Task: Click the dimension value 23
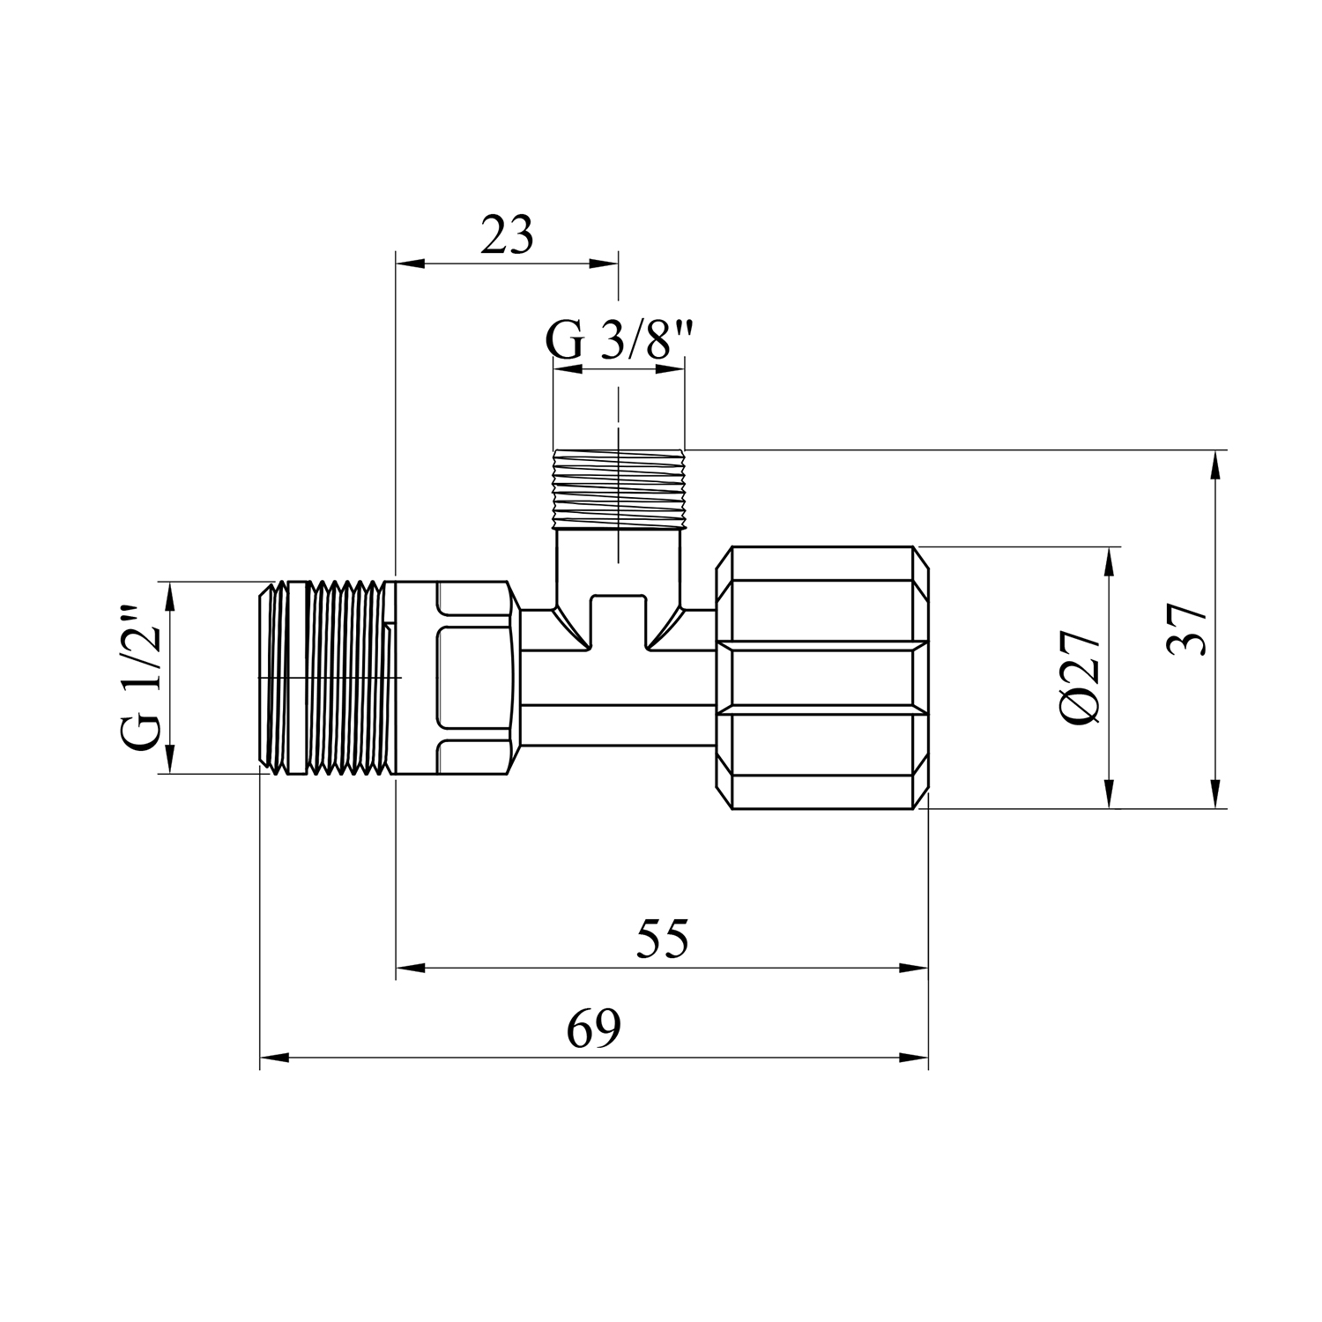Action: point(507,236)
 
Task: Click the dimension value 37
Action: point(1185,629)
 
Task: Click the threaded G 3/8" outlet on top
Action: point(618,489)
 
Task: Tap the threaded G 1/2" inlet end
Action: point(326,678)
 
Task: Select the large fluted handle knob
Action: point(823,678)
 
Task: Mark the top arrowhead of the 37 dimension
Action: point(1217,462)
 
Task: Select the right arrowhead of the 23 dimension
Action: point(606,263)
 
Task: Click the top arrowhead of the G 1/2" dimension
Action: point(170,594)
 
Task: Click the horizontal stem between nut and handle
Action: point(617,678)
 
